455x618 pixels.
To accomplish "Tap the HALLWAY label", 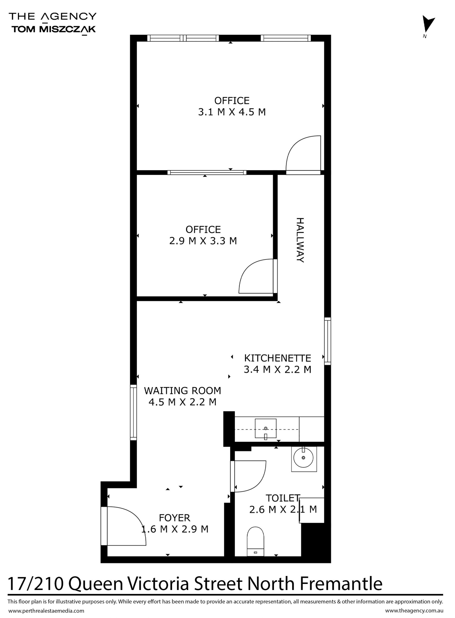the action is [300, 240].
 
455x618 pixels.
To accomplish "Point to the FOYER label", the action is [175, 518].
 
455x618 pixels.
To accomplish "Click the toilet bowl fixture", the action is [256, 541].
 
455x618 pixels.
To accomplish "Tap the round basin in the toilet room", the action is [304, 458].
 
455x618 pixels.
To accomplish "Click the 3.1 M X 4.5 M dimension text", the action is [232, 112].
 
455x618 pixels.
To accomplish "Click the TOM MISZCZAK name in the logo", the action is [53, 29].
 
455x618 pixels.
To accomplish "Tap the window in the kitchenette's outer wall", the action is [328, 341].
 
